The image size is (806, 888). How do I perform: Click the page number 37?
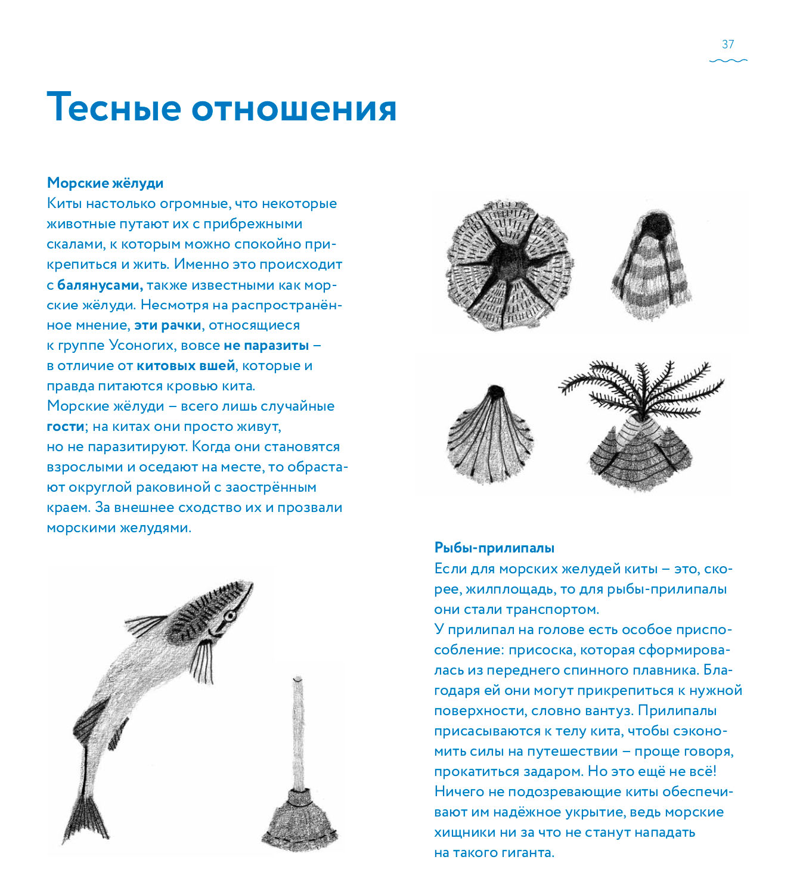[727, 44]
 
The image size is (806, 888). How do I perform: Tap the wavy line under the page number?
[728, 60]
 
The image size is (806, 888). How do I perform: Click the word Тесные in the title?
[113, 108]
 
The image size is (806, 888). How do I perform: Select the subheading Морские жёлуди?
[105, 183]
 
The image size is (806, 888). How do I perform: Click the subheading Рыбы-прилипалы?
[494, 548]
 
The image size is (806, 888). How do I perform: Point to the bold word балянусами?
[100, 285]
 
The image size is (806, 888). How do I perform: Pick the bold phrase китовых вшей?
[186, 366]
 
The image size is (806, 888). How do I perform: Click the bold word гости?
[66, 427]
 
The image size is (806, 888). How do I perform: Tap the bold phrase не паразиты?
[266, 346]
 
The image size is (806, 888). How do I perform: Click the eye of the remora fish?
[229, 616]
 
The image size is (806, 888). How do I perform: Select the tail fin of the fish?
[87, 816]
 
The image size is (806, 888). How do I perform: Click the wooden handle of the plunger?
[298, 733]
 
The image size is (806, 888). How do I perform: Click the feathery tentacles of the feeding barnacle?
[641, 387]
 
